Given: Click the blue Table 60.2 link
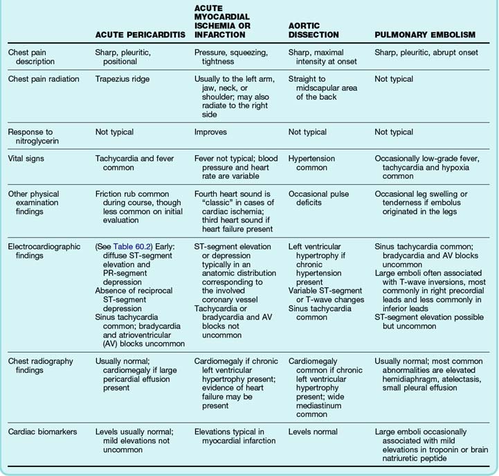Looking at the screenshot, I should click(x=135, y=246).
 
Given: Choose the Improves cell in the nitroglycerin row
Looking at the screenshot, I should click(x=212, y=131).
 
